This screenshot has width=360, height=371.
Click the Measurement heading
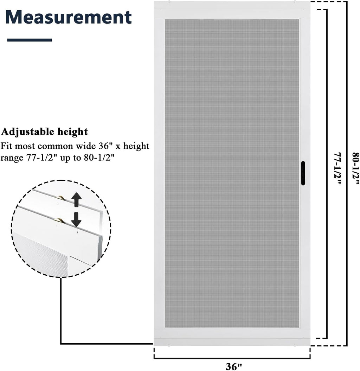[x=68, y=17]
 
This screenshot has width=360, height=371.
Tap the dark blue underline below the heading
[x=30, y=40]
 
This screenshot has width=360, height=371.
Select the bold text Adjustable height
[x=44, y=132]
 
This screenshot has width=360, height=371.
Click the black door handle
[x=303, y=173]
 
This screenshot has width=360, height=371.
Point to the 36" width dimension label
[x=234, y=366]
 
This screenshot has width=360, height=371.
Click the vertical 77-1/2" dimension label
[x=337, y=169]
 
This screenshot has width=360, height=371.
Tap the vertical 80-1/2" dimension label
[x=356, y=169]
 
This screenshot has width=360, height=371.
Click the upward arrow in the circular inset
[x=76, y=200]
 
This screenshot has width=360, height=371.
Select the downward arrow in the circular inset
[x=76, y=219]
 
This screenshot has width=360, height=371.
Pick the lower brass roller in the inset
[x=58, y=220]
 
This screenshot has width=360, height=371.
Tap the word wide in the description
[x=86, y=146]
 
